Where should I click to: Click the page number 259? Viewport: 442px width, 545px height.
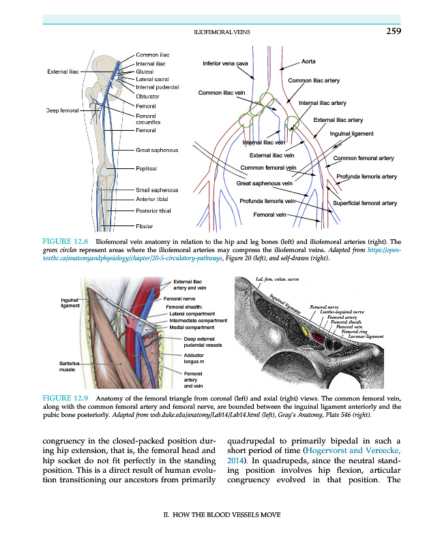coord(393,31)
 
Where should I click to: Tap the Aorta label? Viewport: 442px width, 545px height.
coord(308,61)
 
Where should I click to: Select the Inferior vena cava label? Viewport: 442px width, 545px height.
coord(226,64)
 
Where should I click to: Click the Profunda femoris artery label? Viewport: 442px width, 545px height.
coord(366,177)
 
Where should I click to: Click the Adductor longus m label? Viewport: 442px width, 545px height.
coord(198,358)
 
